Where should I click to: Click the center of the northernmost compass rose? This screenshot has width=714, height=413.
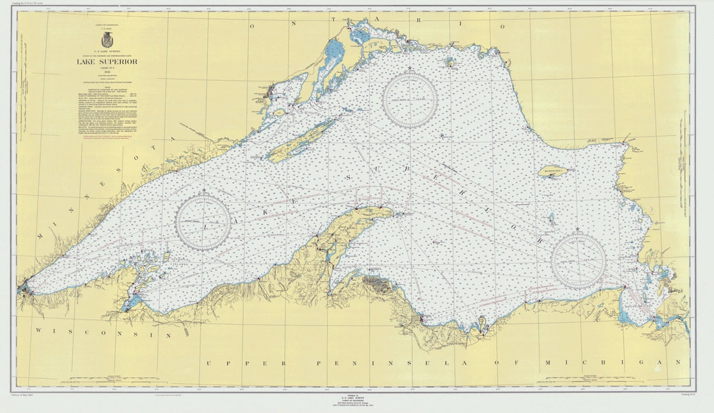click(x=410, y=100)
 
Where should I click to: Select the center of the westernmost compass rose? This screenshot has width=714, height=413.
click(x=203, y=222)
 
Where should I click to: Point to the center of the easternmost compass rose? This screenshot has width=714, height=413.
click(x=578, y=261)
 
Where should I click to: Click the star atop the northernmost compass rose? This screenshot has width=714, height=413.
click(x=410, y=68)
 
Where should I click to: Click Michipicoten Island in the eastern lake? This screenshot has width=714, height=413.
click(x=552, y=170)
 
